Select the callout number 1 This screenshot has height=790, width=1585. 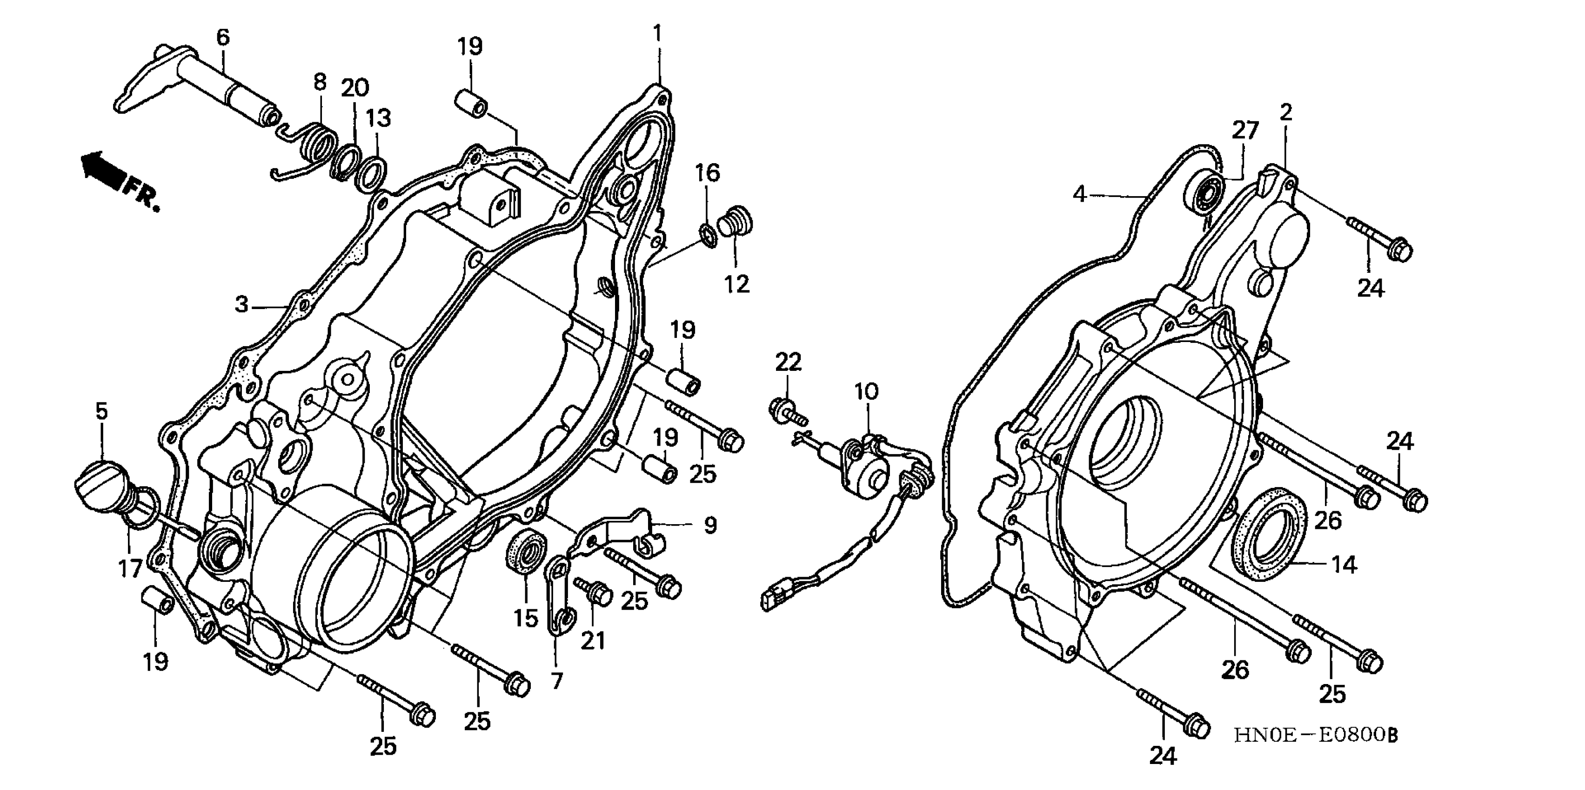[x=658, y=32]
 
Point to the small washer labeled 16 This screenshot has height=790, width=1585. [x=708, y=236]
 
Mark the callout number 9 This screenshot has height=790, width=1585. [x=710, y=526]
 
